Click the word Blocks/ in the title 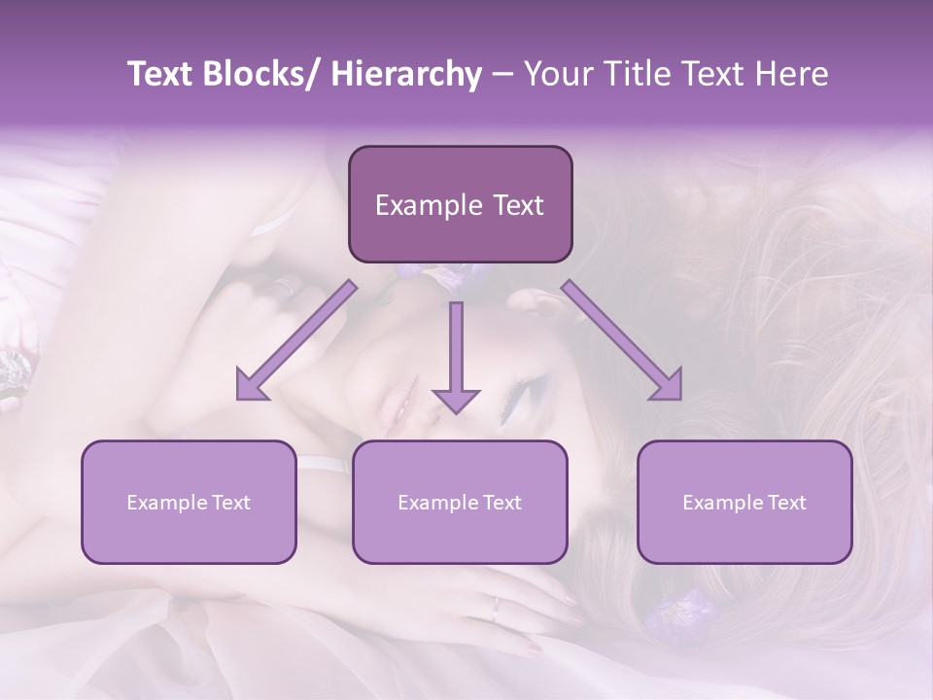(x=265, y=74)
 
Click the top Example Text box (x=460, y=205)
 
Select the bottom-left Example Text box (x=189, y=502)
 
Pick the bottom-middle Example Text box (x=460, y=502)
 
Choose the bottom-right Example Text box (x=744, y=502)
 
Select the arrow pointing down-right (x=623, y=341)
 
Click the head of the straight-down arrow (x=456, y=400)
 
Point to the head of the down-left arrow (x=250, y=385)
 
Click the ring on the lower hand (x=496, y=610)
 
